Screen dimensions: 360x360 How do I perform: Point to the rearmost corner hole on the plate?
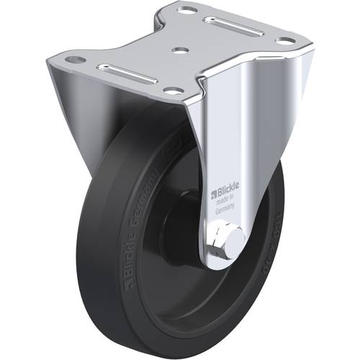click(188, 11)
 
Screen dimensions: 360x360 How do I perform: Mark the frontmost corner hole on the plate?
click(174, 90)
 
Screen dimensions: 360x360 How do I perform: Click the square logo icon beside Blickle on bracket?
click(213, 193)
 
